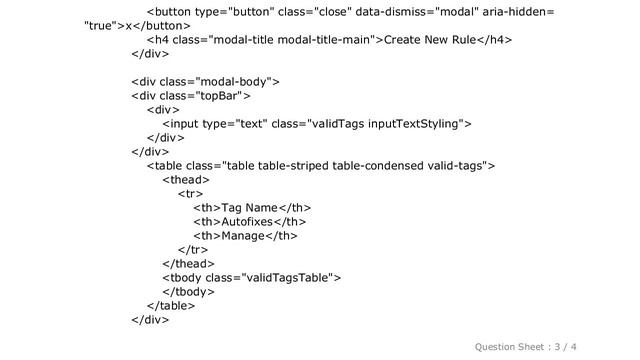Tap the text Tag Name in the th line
click(x=243, y=206)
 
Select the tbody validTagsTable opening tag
click(x=251, y=277)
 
